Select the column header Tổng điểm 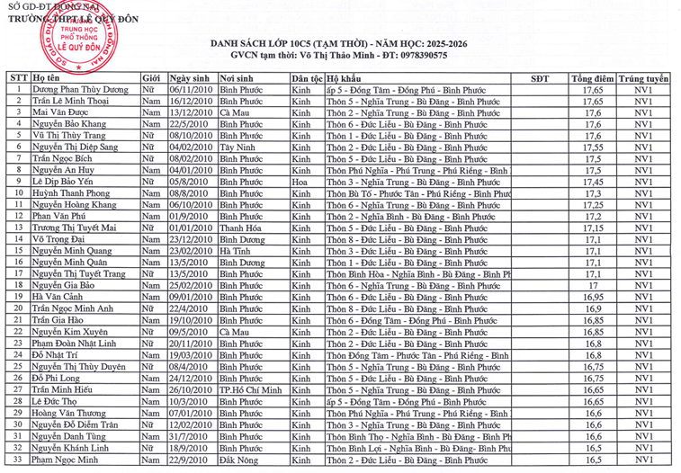click(x=592, y=79)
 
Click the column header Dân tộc click(x=308, y=79)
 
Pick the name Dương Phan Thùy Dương click(x=82, y=91)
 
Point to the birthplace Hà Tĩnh click(x=237, y=250)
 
